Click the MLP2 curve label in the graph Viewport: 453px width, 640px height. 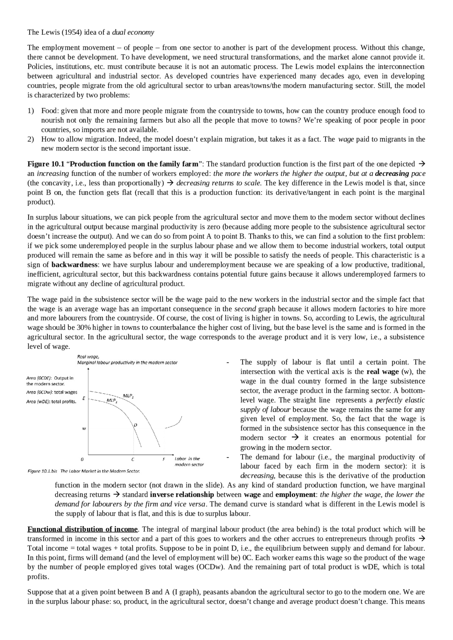pyautogui.click(x=128, y=396)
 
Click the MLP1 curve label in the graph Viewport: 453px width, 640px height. pyautogui.click(x=112, y=400)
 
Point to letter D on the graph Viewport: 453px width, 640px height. pyautogui.click(x=136, y=424)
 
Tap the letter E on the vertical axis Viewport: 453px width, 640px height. pyautogui.click(x=84, y=398)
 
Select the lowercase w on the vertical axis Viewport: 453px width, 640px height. pyautogui.click(x=84, y=429)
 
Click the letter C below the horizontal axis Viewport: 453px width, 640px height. pyautogui.click(x=133, y=460)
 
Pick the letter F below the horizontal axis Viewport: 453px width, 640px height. pyautogui.click(x=164, y=460)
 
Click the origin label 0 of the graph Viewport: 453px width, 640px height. pyautogui.click(x=82, y=460)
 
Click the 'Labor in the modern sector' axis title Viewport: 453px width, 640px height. pyautogui.click(x=189, y=461)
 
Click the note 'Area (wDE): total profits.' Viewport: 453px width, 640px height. pyautogui.click(x=51, y=401)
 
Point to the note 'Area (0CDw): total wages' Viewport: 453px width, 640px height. pyautogui.click(x=52, y=392)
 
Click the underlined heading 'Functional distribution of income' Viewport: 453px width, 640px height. pyautogui.click(x=82, y=529)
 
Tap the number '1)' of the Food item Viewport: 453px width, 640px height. pyautogui.click(x=31, y=111)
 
